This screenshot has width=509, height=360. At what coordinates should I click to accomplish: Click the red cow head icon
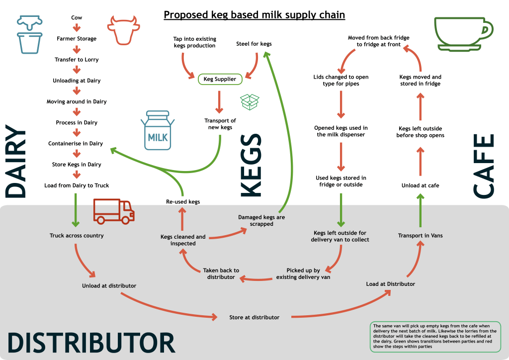tap(122, 30)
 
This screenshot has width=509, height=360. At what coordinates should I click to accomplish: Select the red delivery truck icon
tap(114, 211)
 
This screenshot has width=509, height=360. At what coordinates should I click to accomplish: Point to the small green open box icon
tap(250, 102)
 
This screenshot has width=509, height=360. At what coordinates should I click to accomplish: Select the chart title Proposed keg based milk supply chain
tap(254, 15)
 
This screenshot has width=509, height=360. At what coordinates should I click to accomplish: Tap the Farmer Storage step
tap(77, 38)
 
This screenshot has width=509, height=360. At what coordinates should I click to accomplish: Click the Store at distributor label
tap(254, 317)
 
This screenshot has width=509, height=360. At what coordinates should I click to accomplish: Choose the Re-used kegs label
tap(183, 201)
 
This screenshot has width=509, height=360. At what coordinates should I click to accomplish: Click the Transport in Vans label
tap(420, 235)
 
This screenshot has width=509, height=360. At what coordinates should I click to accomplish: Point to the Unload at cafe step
tap(420, 185)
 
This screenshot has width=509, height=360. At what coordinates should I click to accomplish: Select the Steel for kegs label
tap(254, 44)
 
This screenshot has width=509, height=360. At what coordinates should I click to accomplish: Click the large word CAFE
tap(483, 167)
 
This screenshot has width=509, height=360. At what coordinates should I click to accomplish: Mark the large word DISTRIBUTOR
tap(91, 343)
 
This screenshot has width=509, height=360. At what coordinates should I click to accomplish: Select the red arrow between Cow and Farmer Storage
tap(77, 28)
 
